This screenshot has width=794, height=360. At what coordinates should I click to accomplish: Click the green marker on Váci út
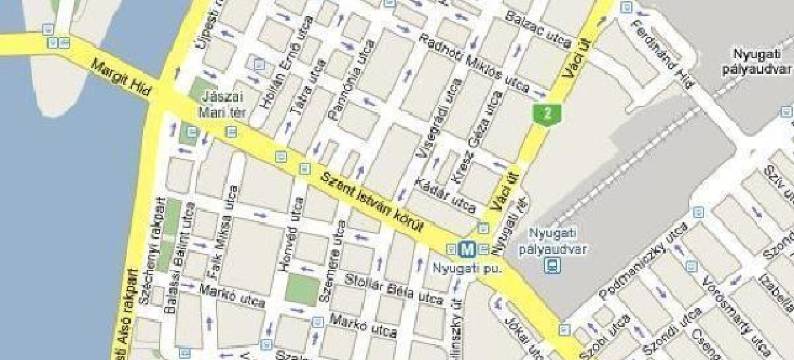(544, 113)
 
